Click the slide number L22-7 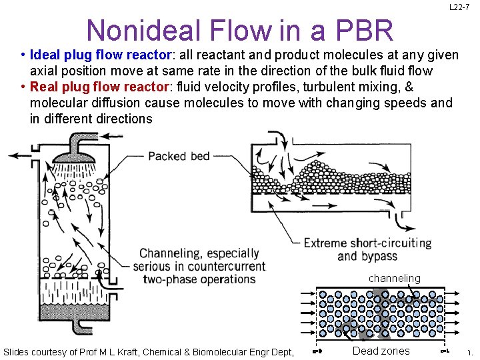[459, 7]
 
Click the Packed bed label [179, 156]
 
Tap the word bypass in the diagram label [379, 257]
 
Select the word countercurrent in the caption [224, 267]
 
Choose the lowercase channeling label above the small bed [395, 278]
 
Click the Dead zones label [381, 351]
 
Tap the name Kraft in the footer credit [120, 351]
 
